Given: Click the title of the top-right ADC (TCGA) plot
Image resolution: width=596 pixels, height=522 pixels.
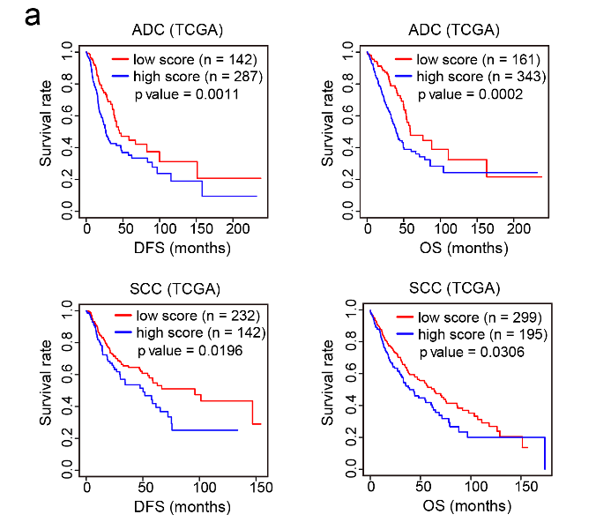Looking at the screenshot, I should [x=454, y=30].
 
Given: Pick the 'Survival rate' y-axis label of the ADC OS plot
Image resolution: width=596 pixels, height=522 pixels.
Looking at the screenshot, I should [x=328, y=128].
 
